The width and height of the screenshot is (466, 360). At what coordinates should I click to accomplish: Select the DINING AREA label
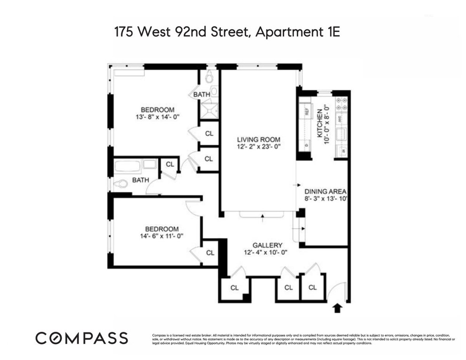click(325, 191)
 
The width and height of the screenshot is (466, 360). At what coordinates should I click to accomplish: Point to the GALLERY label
click(267, 245)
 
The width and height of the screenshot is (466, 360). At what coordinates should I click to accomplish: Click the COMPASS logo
click(82, 337)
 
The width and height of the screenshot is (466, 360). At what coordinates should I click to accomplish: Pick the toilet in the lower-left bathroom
click(121, 184)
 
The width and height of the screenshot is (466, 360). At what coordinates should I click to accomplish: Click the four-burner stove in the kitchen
click(343, 105)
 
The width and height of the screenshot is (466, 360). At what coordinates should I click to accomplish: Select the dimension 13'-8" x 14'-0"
click(157, 117)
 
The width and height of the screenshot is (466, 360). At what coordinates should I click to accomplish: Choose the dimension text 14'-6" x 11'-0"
click(162, 236)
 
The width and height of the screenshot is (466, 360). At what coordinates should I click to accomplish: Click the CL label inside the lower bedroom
click(210, 253)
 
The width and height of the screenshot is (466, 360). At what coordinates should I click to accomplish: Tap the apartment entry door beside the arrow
click(337, 291)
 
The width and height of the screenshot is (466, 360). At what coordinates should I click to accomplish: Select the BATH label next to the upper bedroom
click(202, 94)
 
